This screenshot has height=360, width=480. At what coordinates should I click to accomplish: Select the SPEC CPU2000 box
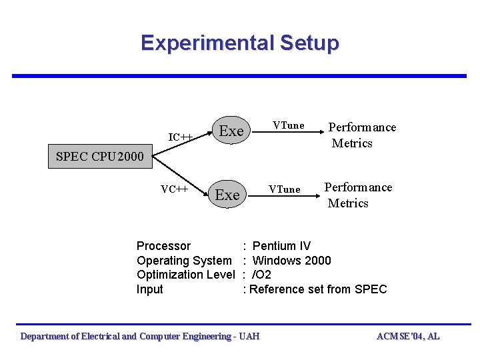pos(91,157)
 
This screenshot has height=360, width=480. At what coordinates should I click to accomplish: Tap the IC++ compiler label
pos(181,137)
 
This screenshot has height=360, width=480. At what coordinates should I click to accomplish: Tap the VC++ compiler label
pos(173,189)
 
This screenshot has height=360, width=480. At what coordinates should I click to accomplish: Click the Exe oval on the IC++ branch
pos(231,131)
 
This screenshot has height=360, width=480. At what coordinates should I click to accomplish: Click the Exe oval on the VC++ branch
pos(227,195)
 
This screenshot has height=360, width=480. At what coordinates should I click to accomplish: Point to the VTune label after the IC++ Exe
pos(289,125)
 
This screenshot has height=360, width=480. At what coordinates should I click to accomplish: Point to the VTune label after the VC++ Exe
pos(285,189)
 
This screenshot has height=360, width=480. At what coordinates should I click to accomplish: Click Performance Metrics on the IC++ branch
pos(362,135)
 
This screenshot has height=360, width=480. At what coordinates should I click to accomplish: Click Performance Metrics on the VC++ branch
pos(358,195)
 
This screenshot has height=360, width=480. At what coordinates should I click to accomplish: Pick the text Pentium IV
pos(282,246)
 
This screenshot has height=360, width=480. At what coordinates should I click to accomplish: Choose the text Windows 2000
pos(291,261)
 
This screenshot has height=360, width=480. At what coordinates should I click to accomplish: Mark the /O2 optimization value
pos(261,275)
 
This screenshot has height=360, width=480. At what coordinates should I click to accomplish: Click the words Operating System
pos(184,261)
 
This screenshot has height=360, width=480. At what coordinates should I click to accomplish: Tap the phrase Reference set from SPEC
pos(317,289)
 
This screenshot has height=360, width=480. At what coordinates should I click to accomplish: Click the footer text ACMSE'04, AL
pos(408,337)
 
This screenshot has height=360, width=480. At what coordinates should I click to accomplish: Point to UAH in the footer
pos(249,337)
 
